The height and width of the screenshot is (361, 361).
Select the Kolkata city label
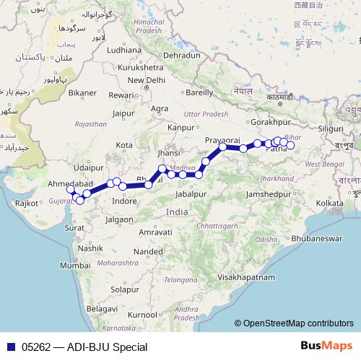click(x=329, y=204)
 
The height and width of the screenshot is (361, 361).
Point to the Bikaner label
click(x=82, y=92)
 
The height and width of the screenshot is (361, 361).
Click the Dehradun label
click(x=181, y=55)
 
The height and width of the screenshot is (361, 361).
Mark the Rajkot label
click(x=26, y=204)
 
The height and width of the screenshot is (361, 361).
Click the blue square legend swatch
click(x=9, y=347)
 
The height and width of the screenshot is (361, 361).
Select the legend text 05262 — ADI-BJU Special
click(x=84, y=347)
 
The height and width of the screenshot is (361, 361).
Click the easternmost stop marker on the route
click(x=291, y=145)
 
